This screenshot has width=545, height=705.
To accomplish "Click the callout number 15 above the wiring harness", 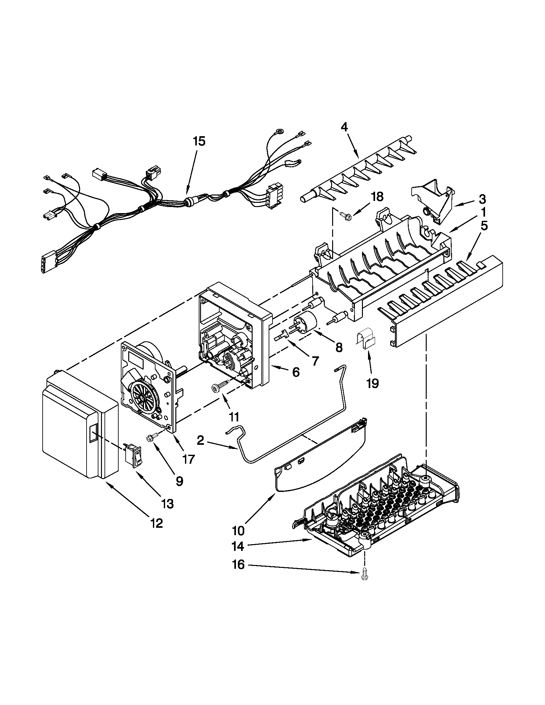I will pyautogui.click(x=199, y=141).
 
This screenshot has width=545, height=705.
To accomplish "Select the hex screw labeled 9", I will pyautogui.click(x=152, y=439).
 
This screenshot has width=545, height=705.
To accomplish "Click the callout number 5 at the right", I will pyautogui.click(x=483, y=226).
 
